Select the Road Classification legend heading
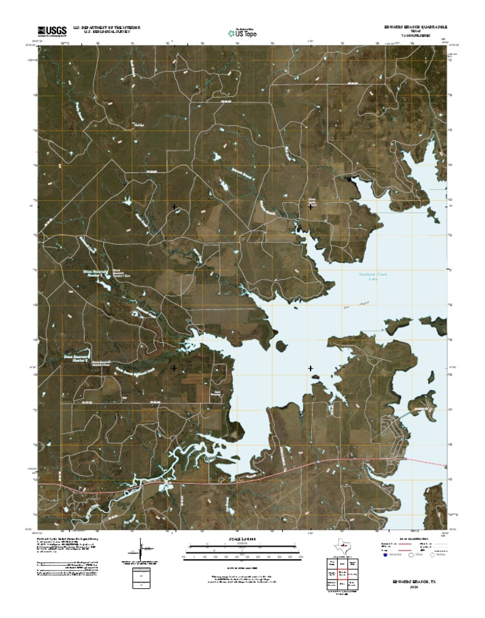(x=414, y=539)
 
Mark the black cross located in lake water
(x=310, y=368)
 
